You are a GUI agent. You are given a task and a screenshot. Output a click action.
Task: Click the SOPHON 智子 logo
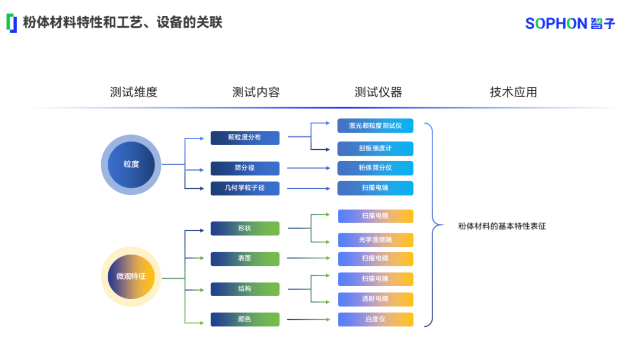click(x=570, y=23)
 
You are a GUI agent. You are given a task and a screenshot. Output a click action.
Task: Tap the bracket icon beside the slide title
click(x=12, y=23)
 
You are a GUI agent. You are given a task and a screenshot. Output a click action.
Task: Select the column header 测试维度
click(x=134, y=92)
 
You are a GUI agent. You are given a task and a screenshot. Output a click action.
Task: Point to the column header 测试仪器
click(x=378, y=92)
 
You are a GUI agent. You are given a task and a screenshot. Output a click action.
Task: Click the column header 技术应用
click(x=513, y=92)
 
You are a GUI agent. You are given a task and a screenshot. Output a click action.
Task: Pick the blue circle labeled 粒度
click(x=131, y=165)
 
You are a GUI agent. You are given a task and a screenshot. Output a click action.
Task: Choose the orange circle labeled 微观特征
click(x=131, y=277)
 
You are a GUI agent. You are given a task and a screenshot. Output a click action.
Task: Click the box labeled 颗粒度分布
click(x=244, y=137)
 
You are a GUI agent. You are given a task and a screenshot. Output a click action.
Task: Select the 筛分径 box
click(x=244, y=168)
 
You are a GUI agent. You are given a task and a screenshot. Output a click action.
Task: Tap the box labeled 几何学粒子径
click(x=244, y=188)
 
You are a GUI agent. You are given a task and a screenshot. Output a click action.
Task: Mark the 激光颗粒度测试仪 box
click(x=375, y=126)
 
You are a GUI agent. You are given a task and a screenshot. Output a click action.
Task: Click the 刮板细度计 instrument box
click(x=375, y=148)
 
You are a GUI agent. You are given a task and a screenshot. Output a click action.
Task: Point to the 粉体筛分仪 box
click(x=375, y=168)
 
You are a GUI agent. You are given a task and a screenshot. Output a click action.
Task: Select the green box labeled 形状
click(x=244, y=228)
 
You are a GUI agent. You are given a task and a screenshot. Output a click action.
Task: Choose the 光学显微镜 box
click(x=375, y=240)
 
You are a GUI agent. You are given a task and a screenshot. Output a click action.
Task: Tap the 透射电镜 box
click(x=375, y=299)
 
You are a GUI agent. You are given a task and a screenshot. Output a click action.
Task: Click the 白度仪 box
click(x=375, y=319)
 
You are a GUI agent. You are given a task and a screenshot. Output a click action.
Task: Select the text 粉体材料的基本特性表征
click(x=502, y=226)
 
